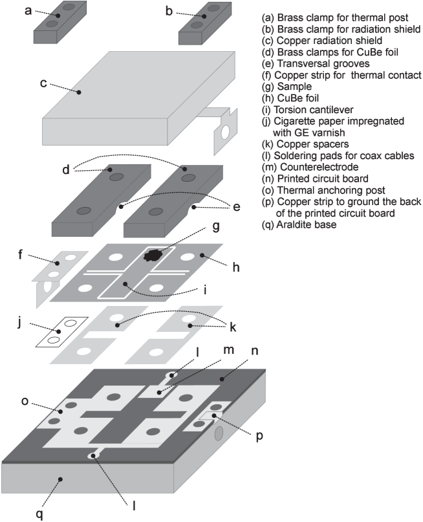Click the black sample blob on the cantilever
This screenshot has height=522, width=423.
153,256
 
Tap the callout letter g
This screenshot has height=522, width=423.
216,226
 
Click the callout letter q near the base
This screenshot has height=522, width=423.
39,515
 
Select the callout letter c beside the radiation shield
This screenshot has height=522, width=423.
43,83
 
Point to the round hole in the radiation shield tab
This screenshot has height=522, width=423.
225,132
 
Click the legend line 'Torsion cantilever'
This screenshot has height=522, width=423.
307,109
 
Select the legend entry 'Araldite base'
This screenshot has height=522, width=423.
299,224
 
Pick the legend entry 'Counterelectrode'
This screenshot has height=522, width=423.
310,167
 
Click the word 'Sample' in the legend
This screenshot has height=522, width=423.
294,87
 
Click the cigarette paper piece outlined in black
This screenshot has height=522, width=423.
61,332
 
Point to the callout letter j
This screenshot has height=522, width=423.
19,322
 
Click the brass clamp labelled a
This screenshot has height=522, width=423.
60,22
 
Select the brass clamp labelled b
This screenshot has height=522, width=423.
204,23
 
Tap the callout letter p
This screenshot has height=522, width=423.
259,437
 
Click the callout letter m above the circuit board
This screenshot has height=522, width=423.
228,350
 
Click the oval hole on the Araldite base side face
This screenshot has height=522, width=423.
219,433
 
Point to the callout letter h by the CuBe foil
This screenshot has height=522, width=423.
236,266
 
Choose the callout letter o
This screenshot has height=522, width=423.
25,401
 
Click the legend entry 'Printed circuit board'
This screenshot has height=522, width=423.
315,179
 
